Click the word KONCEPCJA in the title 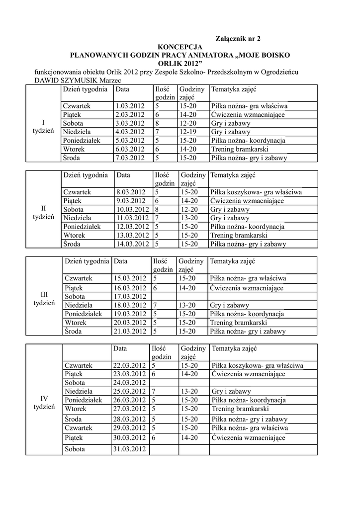point(180,46)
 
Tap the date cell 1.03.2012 point(130,106)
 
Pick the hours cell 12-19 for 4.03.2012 point(188,132)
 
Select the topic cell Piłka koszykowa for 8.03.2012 point(256,192)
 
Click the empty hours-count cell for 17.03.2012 point(163,297)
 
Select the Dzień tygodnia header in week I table point(85,89)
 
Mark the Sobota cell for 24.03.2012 point(75,383)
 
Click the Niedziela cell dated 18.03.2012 point(78,305)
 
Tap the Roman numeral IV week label point(44,398)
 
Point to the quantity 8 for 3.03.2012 point(157,123)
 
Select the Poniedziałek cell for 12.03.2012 point(82,227)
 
